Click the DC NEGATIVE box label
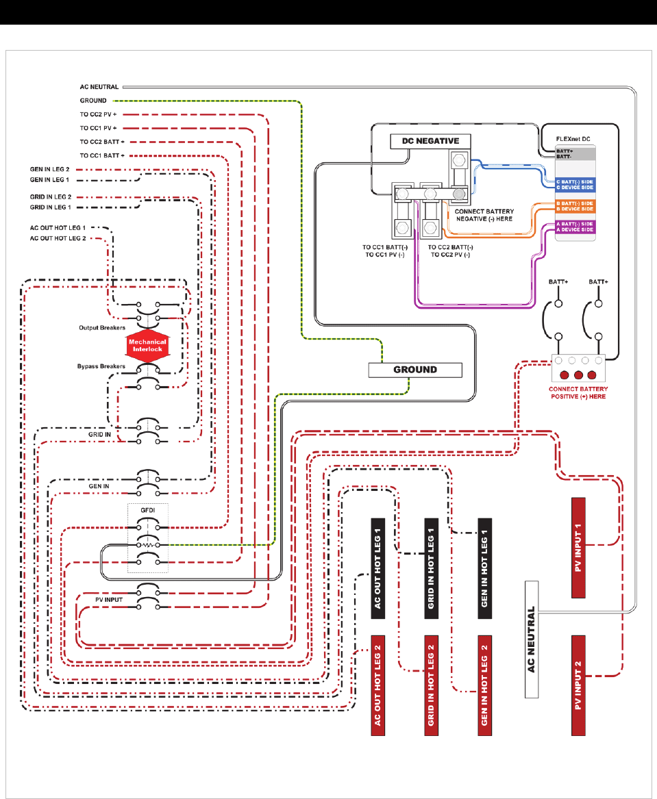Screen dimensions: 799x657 425,142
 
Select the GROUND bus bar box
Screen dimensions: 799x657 415,370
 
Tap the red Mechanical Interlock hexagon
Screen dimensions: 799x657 146,346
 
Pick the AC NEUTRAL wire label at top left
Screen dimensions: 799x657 99,87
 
